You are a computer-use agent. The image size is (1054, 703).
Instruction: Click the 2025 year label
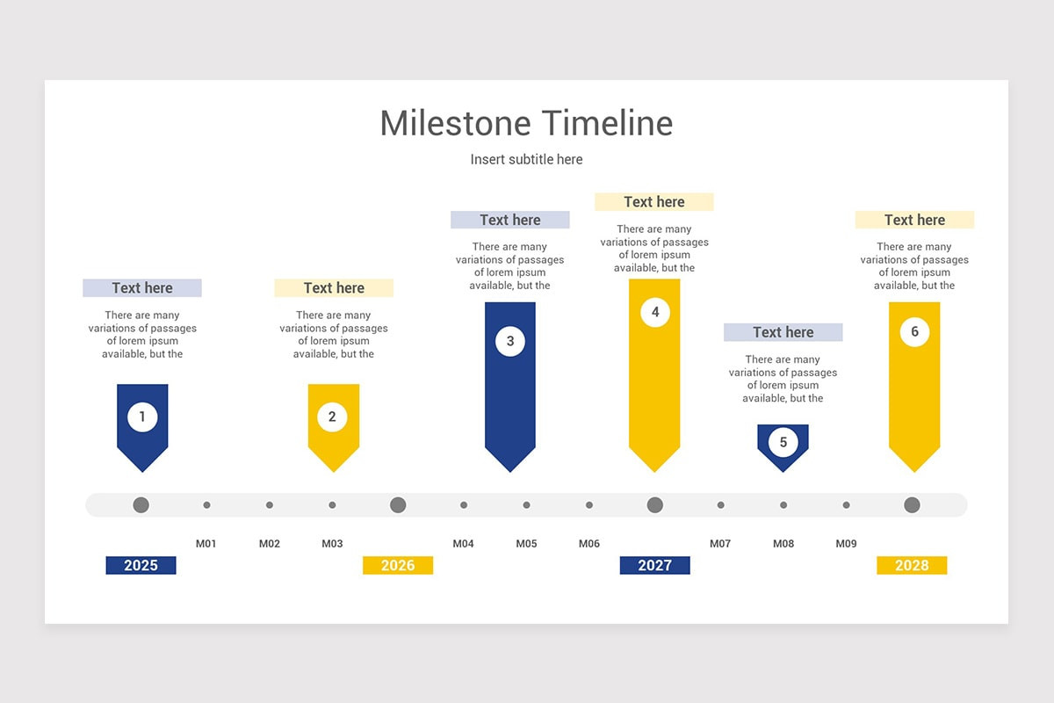(141, 565)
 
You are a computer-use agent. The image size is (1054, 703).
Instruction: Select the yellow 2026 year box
(398, 565)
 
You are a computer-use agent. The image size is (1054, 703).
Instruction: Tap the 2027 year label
(655, 565)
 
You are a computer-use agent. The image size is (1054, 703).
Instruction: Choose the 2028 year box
(912, 565)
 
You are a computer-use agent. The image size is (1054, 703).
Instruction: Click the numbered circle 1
(142, 417)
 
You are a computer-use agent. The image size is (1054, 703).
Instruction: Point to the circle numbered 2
(332, 417)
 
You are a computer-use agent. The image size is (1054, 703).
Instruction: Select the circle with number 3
(510, 341)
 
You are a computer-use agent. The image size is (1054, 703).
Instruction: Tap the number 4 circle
(655, 312)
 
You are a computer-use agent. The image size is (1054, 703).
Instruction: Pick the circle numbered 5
(783, 442)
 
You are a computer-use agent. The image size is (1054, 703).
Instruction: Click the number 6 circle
(914, 331)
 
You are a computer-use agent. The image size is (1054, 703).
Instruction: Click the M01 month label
(206, 543)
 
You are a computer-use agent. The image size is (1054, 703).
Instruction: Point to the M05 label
(526, 543)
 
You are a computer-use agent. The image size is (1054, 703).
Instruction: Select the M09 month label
(846, 543)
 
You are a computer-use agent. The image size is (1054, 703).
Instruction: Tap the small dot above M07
(720, 504)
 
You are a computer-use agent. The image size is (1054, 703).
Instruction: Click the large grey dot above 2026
(398, 504)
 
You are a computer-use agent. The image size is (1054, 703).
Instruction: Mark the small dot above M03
(332, 504)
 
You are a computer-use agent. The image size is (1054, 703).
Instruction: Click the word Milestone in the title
(456, 123)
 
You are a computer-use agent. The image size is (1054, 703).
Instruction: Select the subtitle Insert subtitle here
(526, 159)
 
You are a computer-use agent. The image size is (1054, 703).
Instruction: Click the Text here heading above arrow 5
(783, 332)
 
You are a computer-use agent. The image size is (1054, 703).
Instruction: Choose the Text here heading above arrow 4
(654, 201)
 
